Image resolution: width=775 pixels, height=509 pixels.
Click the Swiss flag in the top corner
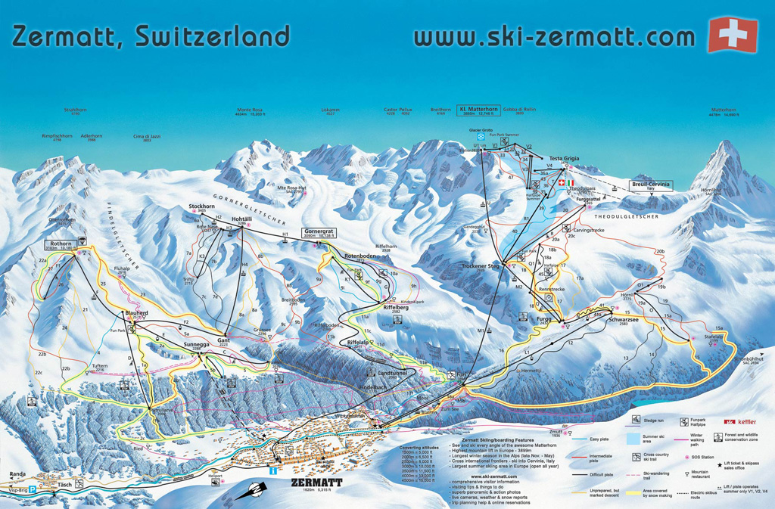732,35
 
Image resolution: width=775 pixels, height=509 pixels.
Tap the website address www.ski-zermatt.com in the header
554,36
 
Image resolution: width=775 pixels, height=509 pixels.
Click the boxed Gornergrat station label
319,233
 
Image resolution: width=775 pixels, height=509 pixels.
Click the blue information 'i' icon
272,471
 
